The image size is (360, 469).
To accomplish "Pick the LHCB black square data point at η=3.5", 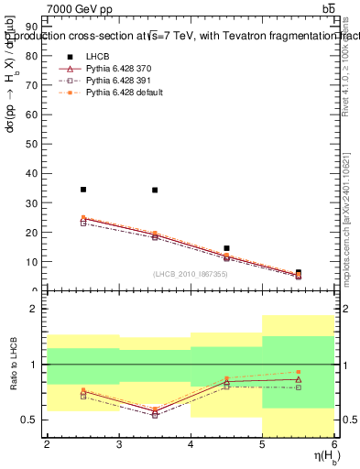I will [155, 190].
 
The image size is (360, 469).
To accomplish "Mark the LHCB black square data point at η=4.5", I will [226, 248].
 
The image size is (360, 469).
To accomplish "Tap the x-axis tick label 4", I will [191, 445].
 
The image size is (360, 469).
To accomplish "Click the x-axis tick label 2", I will [47, 445].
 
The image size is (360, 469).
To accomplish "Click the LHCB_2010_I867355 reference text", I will [191, 274].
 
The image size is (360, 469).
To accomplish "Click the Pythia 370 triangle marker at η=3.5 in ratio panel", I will [155, 410].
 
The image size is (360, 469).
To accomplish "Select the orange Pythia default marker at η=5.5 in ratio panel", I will [299, 372].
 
